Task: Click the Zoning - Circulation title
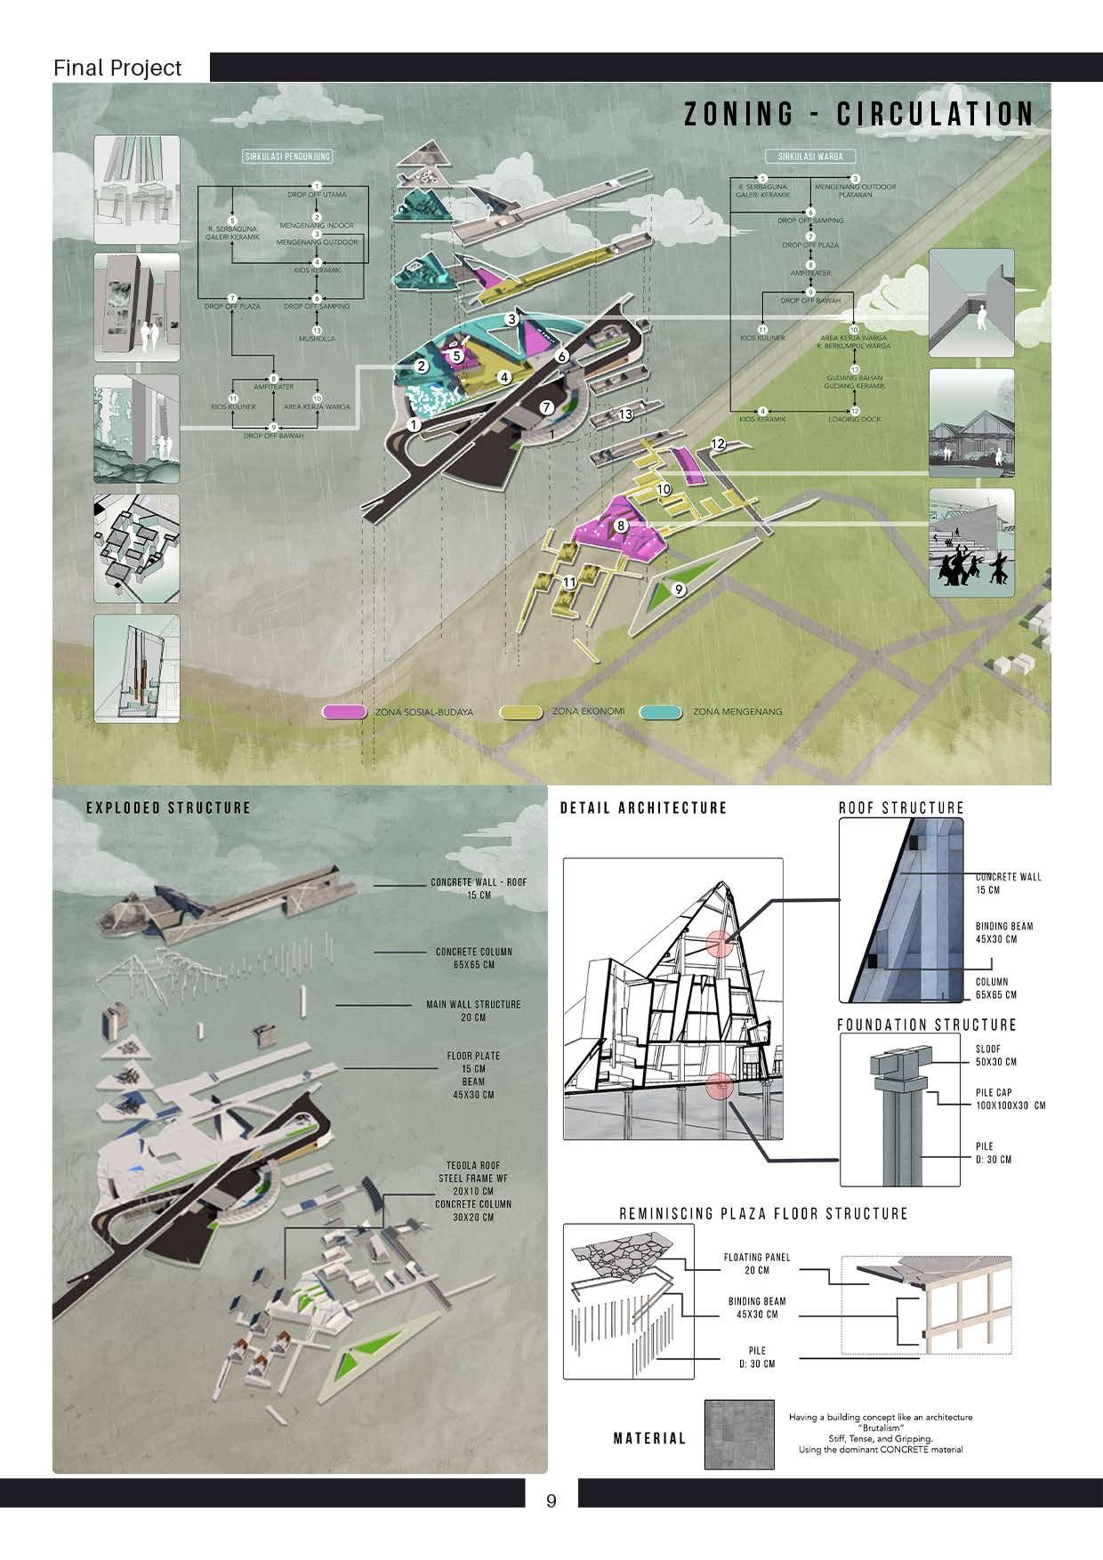[x=858, y=115]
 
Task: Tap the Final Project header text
[x=117, y=68]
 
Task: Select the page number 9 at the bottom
[x=551, y=1501]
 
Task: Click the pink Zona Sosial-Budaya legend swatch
[x=344, y=712]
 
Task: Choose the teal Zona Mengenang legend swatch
[x=661, y=712]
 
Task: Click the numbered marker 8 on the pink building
[x=621, y=526]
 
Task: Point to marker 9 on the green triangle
[x=679, y=589]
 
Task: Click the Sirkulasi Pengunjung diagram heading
[x=287, y=157]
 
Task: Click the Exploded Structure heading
[x=168, y=808]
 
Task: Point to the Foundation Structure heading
[x=926, y=1025]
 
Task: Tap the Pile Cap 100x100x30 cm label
[x=1010, y=1098]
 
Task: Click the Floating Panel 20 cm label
[x=756, y=1264]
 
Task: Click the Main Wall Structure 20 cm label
[x=473, y=1010]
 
